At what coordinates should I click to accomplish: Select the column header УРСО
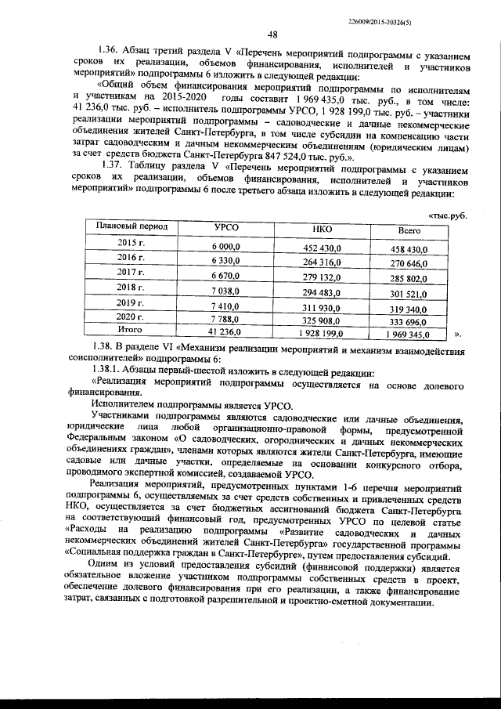point(226,228)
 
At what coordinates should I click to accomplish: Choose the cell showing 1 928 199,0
point(322,335)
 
